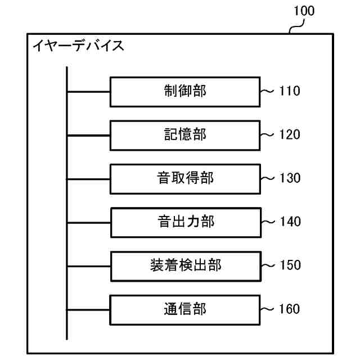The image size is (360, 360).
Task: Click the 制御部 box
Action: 185,91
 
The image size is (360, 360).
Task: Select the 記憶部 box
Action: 185,134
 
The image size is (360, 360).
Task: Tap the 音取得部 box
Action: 185,178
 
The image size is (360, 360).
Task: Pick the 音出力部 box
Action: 186,222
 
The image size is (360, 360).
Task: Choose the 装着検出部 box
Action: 186,265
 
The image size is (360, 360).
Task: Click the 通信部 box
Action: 185,309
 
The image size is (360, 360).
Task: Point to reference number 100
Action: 304,11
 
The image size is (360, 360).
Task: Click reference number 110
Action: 290,91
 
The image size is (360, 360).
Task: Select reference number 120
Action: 290,134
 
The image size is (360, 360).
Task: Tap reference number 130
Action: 290,178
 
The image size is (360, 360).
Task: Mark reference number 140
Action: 290,222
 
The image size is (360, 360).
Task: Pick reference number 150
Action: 290,265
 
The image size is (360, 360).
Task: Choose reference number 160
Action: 290,309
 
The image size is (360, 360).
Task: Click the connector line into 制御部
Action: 88,91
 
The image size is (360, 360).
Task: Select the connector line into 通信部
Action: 88,309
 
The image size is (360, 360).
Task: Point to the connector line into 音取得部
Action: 88,178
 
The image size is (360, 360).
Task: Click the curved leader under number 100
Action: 296,25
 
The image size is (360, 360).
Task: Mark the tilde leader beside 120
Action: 268,134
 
